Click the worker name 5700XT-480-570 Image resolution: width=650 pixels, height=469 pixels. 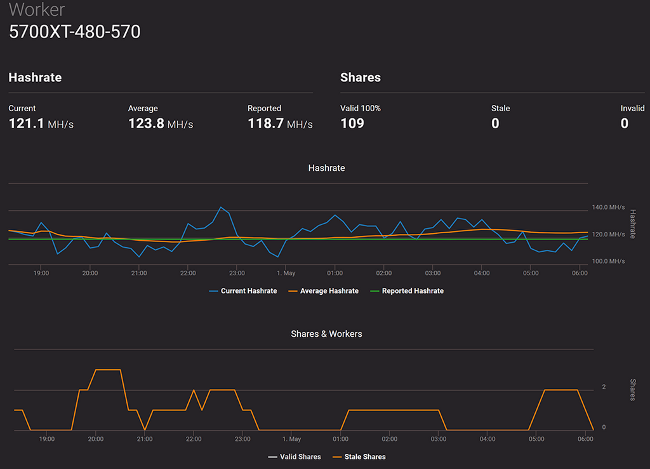(x=74, y=32)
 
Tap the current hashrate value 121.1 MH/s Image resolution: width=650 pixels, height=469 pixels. (x=41, y=123)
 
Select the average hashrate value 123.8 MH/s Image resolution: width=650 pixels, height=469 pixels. (x=161, y=123)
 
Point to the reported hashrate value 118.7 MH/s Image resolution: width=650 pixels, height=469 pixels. (x=280, y=123)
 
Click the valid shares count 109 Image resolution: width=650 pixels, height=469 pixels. (x=352, y=123)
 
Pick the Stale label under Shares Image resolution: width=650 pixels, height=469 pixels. (x=500, y=109)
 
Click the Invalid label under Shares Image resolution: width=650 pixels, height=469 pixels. (x=632, y=109)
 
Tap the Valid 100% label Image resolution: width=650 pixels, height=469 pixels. (x=361, y=109)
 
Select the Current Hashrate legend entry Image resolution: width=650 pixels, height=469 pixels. (x=248, y=291)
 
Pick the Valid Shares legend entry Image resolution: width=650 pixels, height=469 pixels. (x=300, y=457)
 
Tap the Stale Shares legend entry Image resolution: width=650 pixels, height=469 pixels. (x=364, y=457)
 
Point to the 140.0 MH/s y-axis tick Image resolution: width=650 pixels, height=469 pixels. (x=608, y=207)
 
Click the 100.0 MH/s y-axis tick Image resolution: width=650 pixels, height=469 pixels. (x=608, y=261)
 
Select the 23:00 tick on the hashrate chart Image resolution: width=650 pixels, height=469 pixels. (x=237, y=273)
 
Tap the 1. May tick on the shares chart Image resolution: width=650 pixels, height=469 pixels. (x=291, y=439)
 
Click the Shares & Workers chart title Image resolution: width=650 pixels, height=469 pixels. (x=326, y=334)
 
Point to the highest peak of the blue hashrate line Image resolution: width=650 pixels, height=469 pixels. (x=220, y=207)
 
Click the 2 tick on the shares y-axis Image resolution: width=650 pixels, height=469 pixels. (x=604, y=387)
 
